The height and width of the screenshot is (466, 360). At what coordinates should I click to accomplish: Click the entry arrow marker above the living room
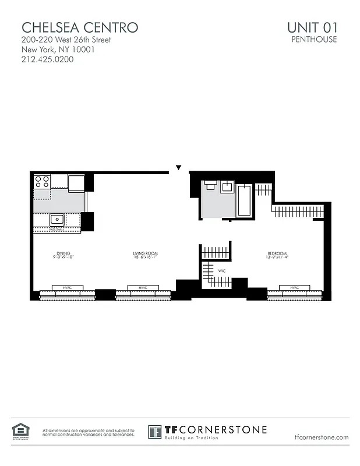(x=179, y=168)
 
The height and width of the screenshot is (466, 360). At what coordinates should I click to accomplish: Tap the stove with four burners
(x=42, y=181)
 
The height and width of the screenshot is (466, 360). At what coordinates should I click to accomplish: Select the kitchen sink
(x=57, y=220)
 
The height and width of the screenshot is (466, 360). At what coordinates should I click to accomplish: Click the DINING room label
(x=63, y=255)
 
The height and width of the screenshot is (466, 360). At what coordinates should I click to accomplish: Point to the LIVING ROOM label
(x=145, y=255)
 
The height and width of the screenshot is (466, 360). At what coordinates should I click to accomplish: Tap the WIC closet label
(x=222, y=271)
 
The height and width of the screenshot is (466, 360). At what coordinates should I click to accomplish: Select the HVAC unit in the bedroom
(x=294, y=288)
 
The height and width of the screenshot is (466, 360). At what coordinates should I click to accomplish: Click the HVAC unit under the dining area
(x=67, y=288)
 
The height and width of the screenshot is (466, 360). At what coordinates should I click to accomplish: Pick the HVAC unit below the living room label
(x=143, y=288)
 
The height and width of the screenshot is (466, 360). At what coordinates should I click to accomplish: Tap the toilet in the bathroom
(x=210, y=186)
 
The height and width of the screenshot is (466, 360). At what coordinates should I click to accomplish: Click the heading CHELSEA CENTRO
(x=80, y=27)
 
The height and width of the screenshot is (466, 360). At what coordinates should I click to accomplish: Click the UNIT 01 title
(x=312, y=27)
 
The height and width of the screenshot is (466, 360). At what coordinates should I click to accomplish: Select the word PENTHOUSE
(x=314, y=40)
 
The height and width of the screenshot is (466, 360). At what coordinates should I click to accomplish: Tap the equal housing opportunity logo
(x=20, y=432)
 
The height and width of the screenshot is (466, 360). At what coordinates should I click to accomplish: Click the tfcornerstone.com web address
(x=322, y=437)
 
